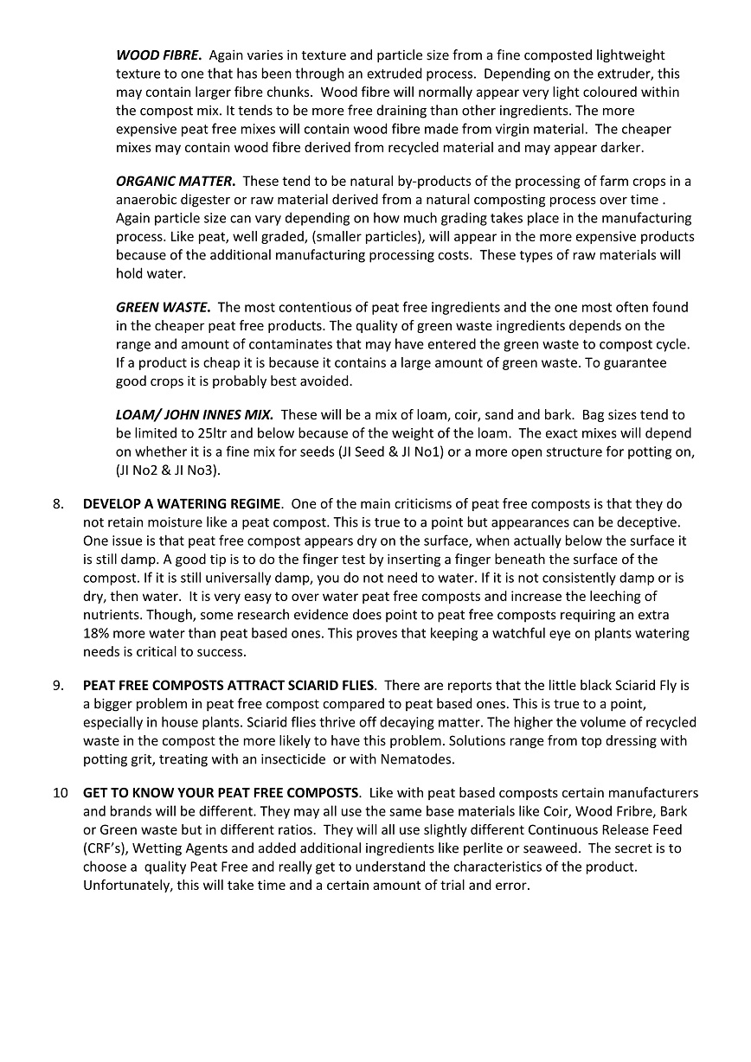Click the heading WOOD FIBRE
(x=159, y=54)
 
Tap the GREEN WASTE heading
(x=164, y=307)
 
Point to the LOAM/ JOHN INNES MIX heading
(x=195, y=415)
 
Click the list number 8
(x=59, y=503)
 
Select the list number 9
(x=59, y=686)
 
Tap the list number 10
(x=60, y=793)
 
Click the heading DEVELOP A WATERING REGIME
(x=182, y=503)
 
